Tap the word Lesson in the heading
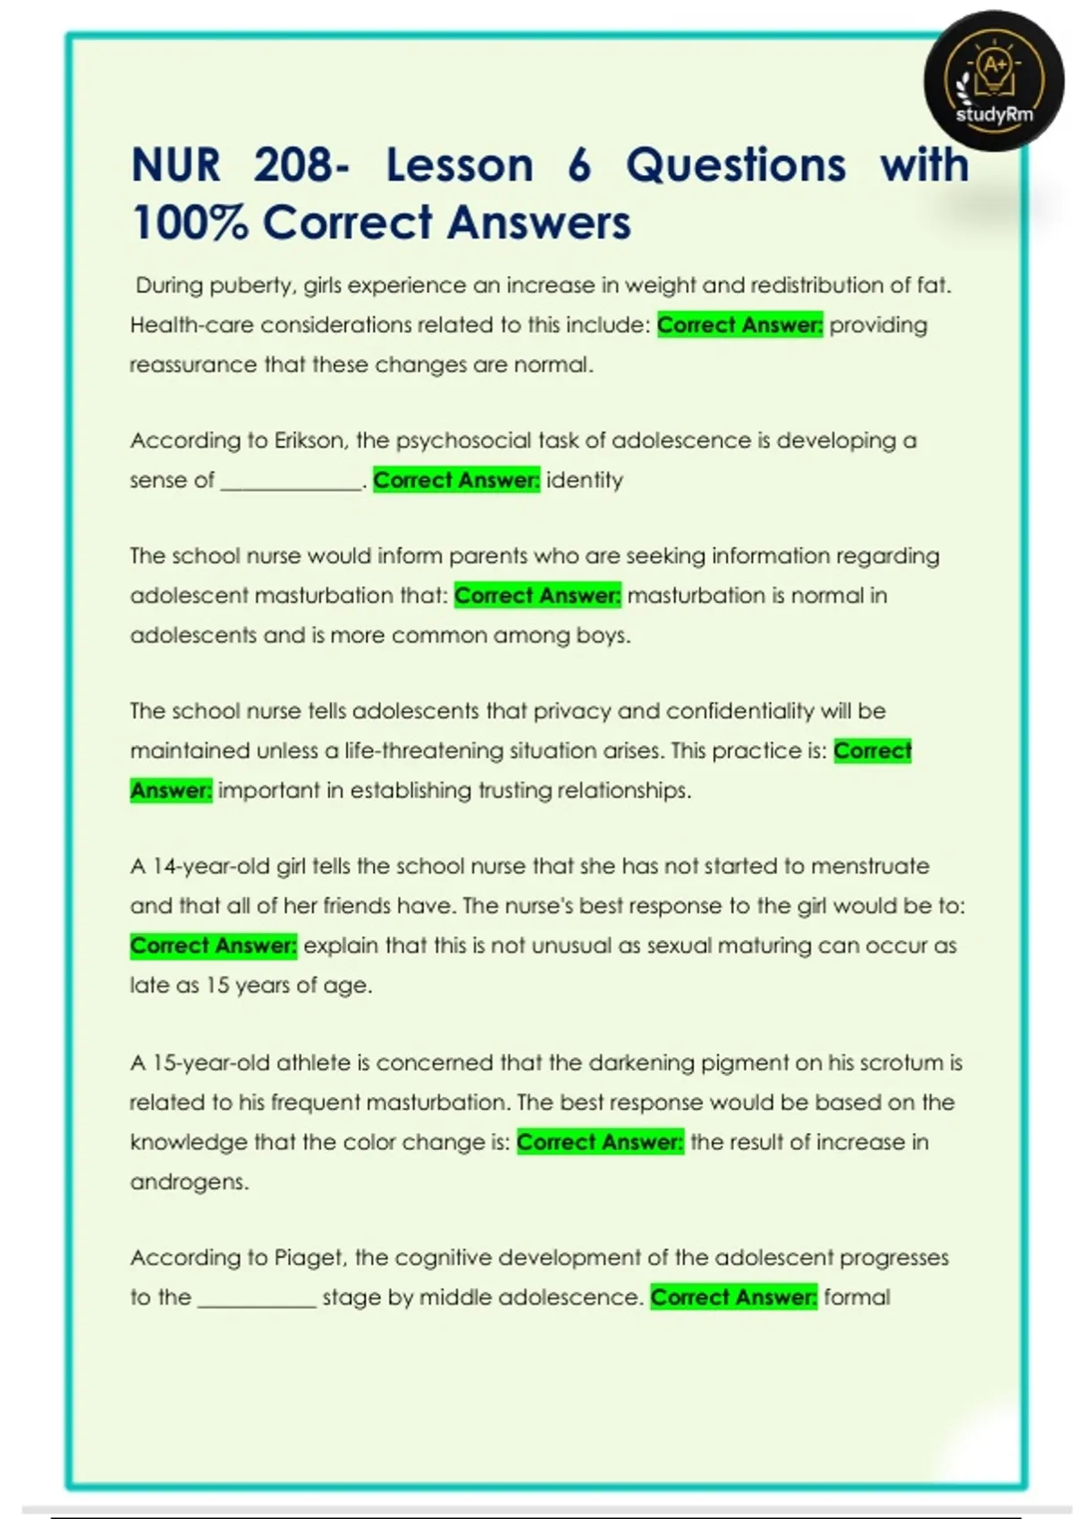point(460,165)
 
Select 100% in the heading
point(189,222)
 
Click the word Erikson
point(309,441)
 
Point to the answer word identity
point(585,480)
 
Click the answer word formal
point(857,1297)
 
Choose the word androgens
point(189,1182)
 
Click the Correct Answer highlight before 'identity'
point(456,480)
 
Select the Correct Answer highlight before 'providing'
point(739,324)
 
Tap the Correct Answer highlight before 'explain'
point(213,945)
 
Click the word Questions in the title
point(735,165)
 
